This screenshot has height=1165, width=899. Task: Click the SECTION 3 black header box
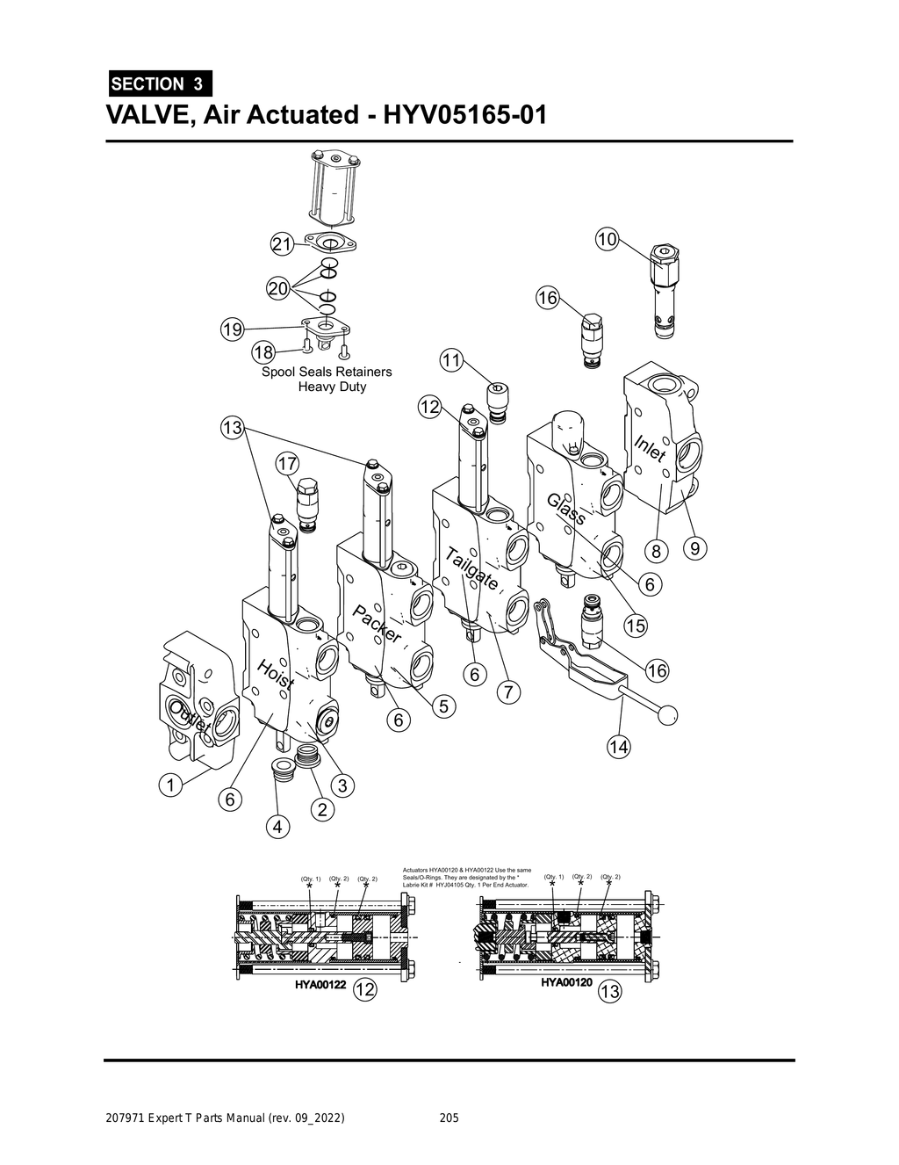159,84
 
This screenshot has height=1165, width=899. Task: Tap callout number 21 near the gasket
281,245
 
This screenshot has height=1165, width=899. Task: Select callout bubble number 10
607,238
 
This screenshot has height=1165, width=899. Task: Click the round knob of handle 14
667,716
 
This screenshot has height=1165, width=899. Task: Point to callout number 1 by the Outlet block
169,784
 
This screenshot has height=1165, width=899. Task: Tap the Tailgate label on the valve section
472,568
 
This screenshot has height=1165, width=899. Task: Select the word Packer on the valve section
378,624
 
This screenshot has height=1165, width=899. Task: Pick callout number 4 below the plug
277,827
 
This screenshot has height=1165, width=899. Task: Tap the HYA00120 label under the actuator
566,982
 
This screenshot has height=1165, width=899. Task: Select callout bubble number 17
287,463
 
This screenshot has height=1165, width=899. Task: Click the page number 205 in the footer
449,1118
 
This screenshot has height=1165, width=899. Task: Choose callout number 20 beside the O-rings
278,289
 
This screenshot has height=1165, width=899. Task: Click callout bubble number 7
507,691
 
